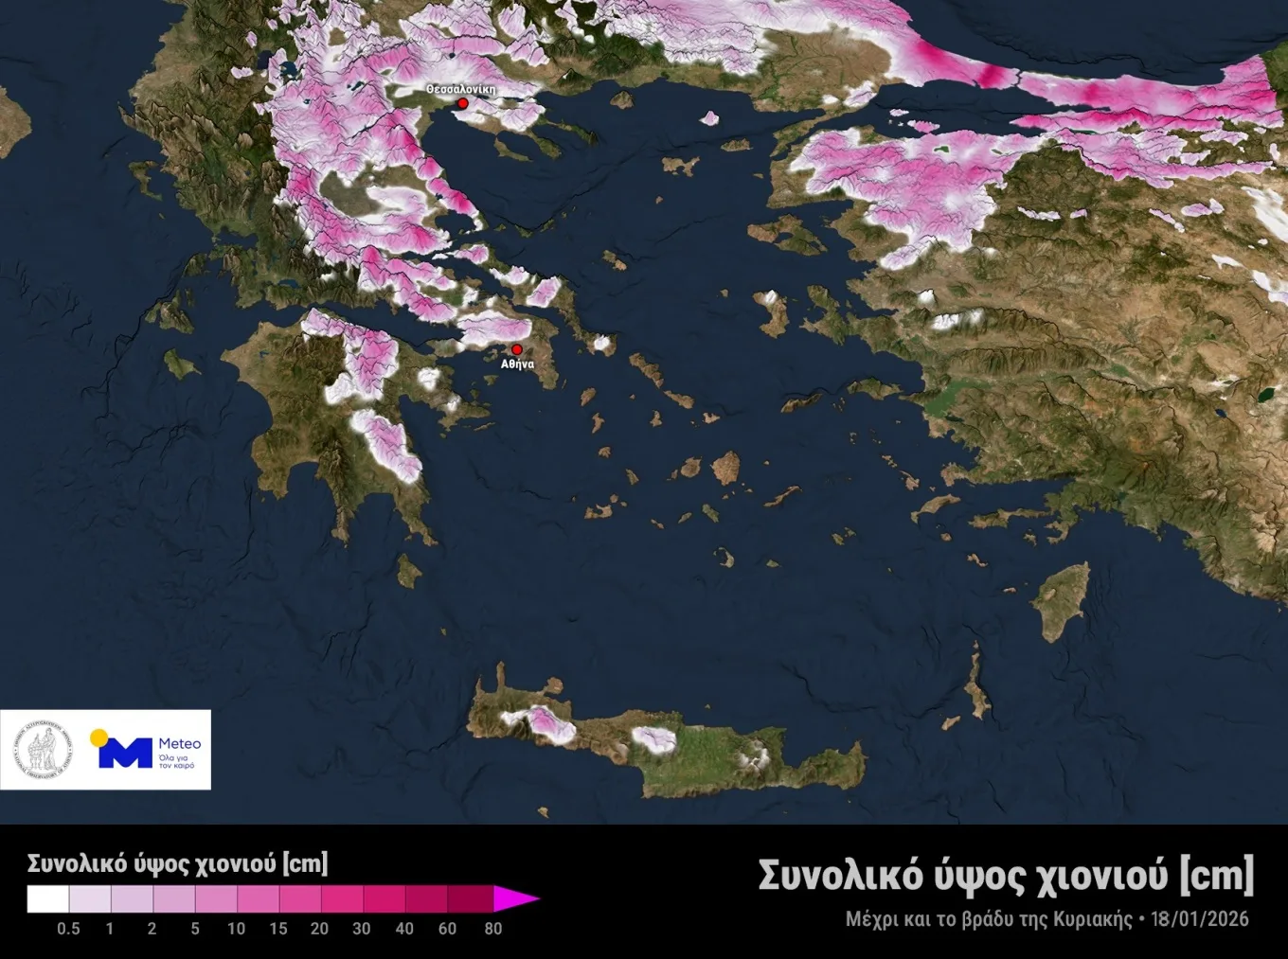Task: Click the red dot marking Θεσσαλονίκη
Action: [x=463, y=103]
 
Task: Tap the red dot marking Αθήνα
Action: [x=516, y=349]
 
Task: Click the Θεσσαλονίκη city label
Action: [x=461, y=89]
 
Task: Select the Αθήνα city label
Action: [x=517, y=364]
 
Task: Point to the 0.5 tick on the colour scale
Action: [x=68, y=929]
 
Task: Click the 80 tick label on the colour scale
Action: [x=492, y=929]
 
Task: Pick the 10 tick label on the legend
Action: [x=236, y=929]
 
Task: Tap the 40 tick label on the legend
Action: [x=404, y=929]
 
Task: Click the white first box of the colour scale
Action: [x=47, y=898]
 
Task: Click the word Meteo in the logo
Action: [x=179, y=743]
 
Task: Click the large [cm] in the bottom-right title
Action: [x=1216, y=875]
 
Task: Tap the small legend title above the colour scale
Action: [x=177, y=863]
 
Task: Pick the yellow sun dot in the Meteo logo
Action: [x=98, y=737]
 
